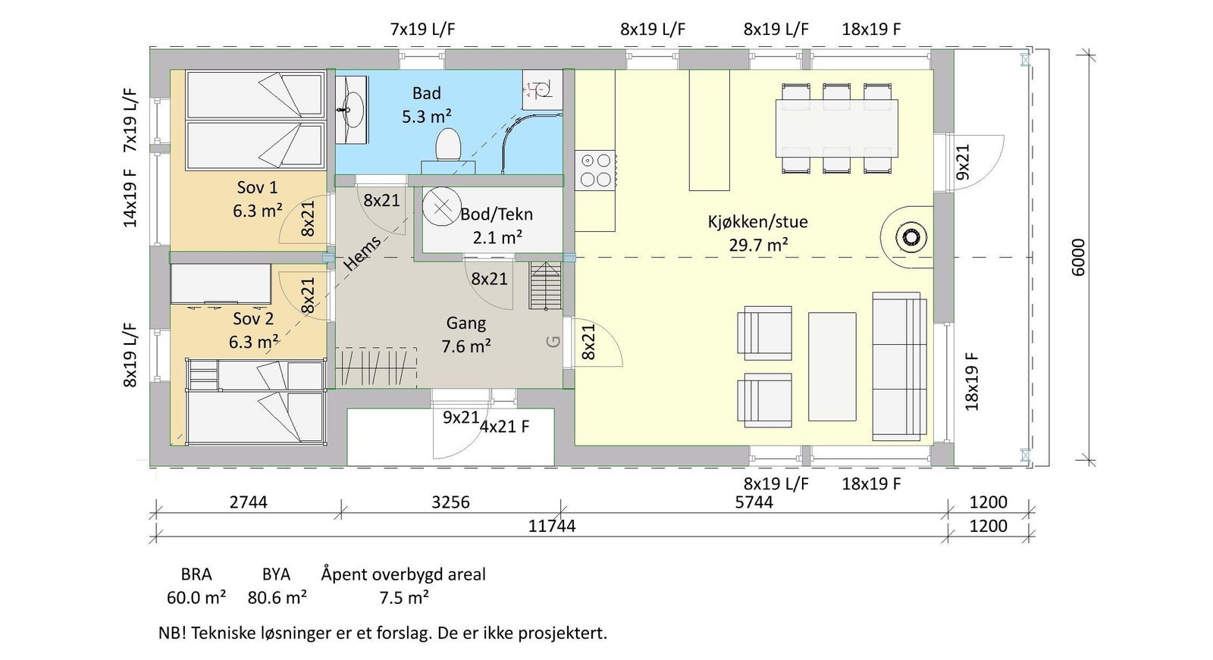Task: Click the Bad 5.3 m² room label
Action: (x=426, y=105)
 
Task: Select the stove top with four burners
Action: (x=595, y=170)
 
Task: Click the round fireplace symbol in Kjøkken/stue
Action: (x=911, y=237)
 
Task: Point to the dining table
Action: (x=836, y=128)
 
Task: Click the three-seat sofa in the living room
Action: (x=899, y=366)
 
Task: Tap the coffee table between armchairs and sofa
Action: (x=832, y=366)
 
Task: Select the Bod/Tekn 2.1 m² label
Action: (x=497, y=225)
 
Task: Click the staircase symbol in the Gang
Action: (x=544, y=285)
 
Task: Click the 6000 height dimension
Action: (x=1078, y=257)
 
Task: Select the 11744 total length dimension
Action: (x=551, y=526)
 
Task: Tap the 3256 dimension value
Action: (x=450, y=502)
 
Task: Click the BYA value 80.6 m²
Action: (x=277, y=598)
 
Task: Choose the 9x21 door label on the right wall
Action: (x=963, y=161)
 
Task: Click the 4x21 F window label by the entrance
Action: (x=504, y=427)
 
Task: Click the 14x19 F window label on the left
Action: (x=130, y=197)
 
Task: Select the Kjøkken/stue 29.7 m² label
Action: (x=757, y=233)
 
